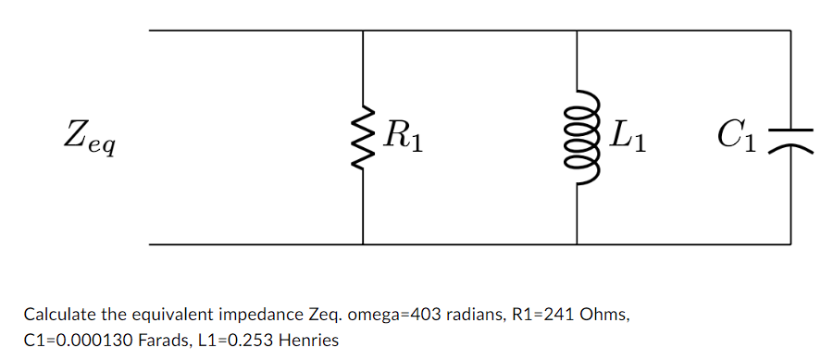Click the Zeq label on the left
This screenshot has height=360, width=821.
pyautogui.click(x=89, y=141)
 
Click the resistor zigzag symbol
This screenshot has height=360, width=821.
pyautogui.click(x=363, y=138)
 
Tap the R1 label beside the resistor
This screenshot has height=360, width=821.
pyautogui.click(x=404, y=138)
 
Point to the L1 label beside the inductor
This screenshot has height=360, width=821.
pyautogui.click(x=628, y=138)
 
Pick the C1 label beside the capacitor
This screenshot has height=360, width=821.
pyautogui.click(x=738, y=138)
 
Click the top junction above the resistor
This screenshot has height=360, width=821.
pyautogui.click(x=363, y=31)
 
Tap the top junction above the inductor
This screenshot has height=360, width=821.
pyautogui.click(x=577, y=31)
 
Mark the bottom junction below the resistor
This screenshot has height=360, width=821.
pyautogui.click(x=363, y=245)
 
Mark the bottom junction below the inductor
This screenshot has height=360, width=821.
pyautogui.click(x=577, y=245)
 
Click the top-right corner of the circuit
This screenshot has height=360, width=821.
pyautogui.click(x=790, y=31)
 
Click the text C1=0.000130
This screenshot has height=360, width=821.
pyautogui.click(x=68, y=340)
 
